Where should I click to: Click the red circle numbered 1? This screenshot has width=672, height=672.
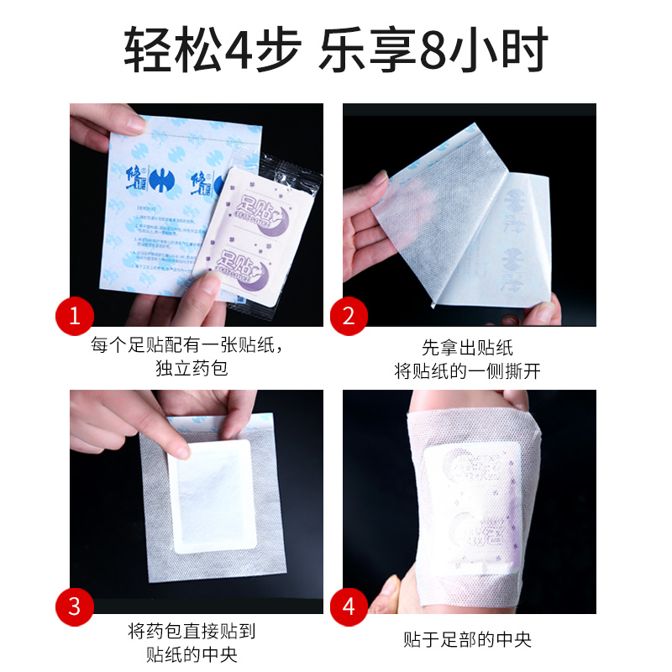[x=75, y=316]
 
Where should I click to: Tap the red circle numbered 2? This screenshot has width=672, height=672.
[x=348, y=316]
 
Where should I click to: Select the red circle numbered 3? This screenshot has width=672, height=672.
[x=75, y=605]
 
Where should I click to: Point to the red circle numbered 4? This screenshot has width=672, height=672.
[x=348, y=605]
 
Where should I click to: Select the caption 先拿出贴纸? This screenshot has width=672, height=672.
[x=467, y=346]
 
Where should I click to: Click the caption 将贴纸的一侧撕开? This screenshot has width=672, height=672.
[x=467, y=370]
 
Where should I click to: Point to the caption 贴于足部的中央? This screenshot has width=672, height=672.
[x=467, y=639]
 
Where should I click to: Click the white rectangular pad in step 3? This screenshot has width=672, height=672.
[x=210, y=496]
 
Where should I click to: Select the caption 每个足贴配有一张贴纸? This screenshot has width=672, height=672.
[x=192, y=344]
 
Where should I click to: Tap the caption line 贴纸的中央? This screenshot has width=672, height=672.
[x=192, y=655]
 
